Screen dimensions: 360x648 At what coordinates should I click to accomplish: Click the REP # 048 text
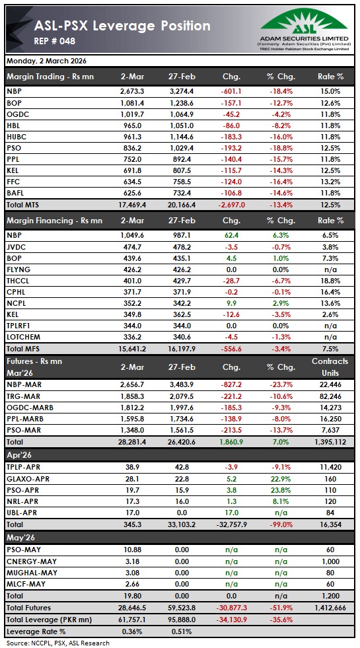click(55, 42)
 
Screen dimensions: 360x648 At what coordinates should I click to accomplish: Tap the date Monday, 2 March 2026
click(46, 61)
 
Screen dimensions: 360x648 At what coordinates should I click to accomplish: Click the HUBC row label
click(16, 135)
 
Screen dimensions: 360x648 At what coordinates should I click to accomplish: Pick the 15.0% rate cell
click(330, 91)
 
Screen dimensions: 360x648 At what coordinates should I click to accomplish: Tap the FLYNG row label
click(17, 270)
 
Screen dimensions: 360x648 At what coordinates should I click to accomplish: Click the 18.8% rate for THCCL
click(330, 281)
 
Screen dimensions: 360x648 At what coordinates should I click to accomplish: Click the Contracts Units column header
click(330, 367)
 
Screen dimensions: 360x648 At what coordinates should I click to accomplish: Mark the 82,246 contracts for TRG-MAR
click(330, 396)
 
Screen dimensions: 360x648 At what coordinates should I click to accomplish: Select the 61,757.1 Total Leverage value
click(132, 619)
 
